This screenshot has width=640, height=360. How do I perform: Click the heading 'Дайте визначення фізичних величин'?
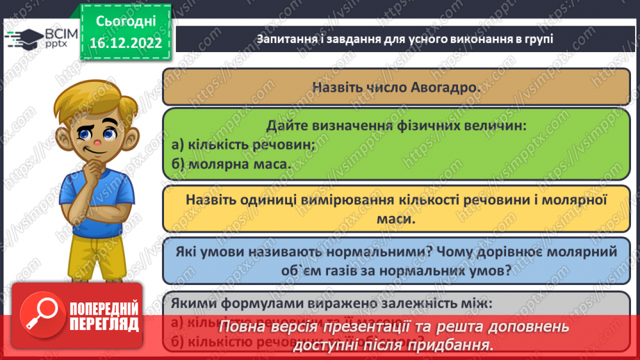pos(396,126)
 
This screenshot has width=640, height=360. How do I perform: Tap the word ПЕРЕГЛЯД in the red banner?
pos(104,325)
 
